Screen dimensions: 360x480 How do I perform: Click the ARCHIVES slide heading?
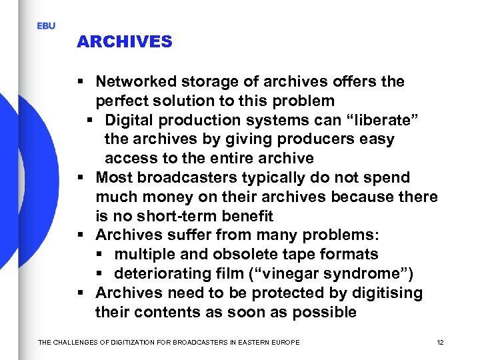point(125,41)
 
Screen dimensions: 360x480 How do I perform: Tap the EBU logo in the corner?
point(46,26)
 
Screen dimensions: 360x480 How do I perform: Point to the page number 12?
point(440,342)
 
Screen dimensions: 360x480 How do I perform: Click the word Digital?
point(127,121)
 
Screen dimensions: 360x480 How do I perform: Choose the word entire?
point(233,159)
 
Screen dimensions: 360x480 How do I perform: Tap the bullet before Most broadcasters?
point(79,178)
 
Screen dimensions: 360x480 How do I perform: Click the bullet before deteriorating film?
point(98,274)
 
